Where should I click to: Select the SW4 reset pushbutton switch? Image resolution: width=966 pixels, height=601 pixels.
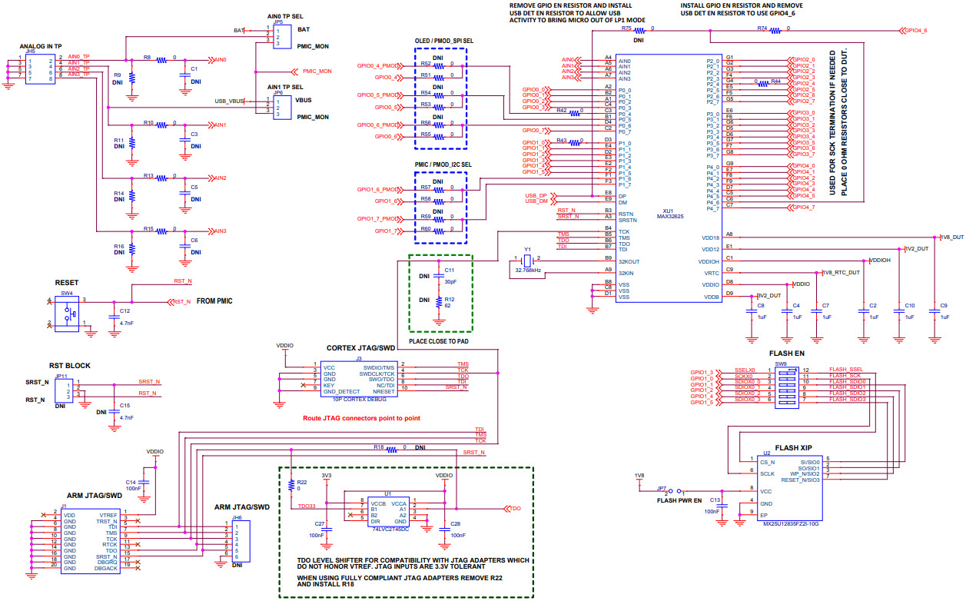68,314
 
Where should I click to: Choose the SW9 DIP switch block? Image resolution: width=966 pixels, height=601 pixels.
791,385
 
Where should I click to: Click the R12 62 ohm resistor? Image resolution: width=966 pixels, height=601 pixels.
439,302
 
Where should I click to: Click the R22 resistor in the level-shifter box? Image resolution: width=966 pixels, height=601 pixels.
290,486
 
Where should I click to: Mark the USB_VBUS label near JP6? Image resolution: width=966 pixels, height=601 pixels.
230,101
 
